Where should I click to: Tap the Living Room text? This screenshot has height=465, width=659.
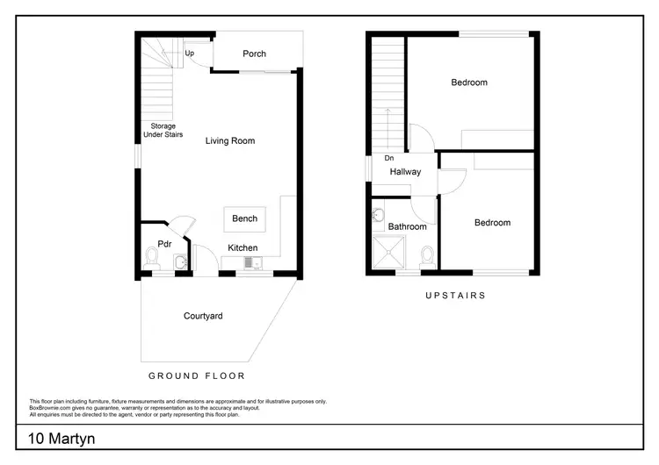(x=230, y=140)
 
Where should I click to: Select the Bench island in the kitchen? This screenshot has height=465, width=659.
(x=245, y=218)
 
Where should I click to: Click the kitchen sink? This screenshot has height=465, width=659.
(x=252, y=262)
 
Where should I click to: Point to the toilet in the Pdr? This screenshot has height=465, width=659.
(x=151, y=258)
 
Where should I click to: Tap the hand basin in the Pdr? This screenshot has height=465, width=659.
(x=179, y=261)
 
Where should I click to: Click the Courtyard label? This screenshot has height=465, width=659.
(x=203, y=316)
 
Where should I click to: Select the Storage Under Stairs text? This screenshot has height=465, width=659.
(x=163, y=131)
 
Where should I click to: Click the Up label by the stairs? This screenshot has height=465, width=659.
(x=190, y=54)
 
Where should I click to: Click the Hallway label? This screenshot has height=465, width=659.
(x=406, y=172)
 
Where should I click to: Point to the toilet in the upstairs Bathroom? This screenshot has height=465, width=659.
(x=427, y=256)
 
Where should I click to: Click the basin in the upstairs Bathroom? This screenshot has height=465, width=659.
(x=379, y=214)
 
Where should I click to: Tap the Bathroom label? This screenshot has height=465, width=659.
(x=408, y=226)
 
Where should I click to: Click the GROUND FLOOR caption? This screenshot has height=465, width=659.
(x=196, y=376)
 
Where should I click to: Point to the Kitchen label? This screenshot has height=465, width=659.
(x=243, y=248)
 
